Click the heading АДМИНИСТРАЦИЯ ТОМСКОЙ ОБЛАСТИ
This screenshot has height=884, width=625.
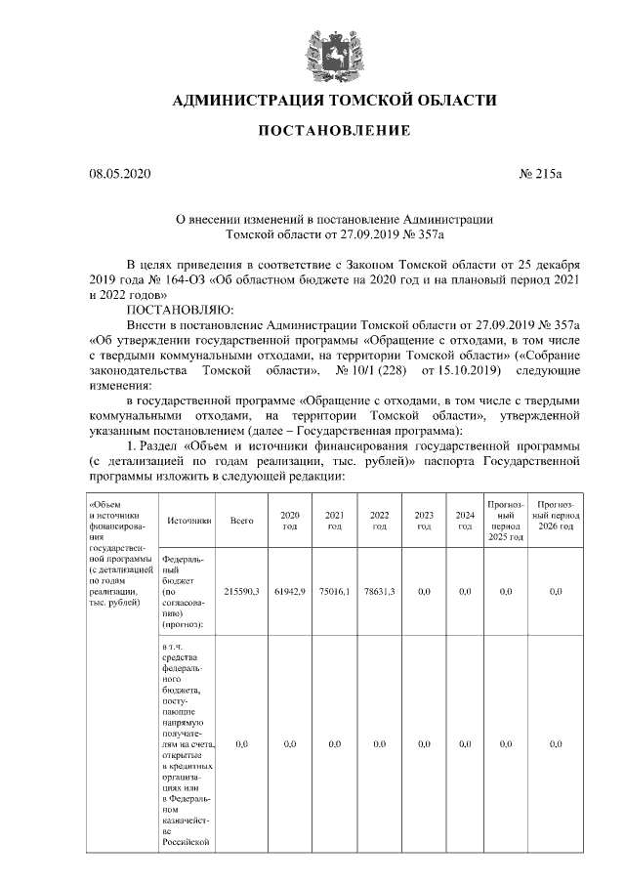[x=334, y=101]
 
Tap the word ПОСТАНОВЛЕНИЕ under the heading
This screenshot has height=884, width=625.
[x=334, y=131]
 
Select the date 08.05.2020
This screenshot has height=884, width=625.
[x=122, y=175]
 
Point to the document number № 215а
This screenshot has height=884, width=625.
[x=540, y=175]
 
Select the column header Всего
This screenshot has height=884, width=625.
[x=241, y=521]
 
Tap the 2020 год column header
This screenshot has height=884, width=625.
[x=289, y=521]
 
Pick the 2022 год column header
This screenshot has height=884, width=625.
[x=380, y=521]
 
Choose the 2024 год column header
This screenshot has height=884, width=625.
[x=465, y=521]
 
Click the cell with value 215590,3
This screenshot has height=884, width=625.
[x=241, y=592]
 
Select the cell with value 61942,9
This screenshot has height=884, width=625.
[x=289, y=592]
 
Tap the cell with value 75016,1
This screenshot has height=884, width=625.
[x=334, y=592]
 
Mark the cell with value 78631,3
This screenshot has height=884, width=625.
[x=380, y=592]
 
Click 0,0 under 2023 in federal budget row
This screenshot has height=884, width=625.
[x=424, y=592]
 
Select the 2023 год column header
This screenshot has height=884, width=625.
[x=424, y=521]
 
